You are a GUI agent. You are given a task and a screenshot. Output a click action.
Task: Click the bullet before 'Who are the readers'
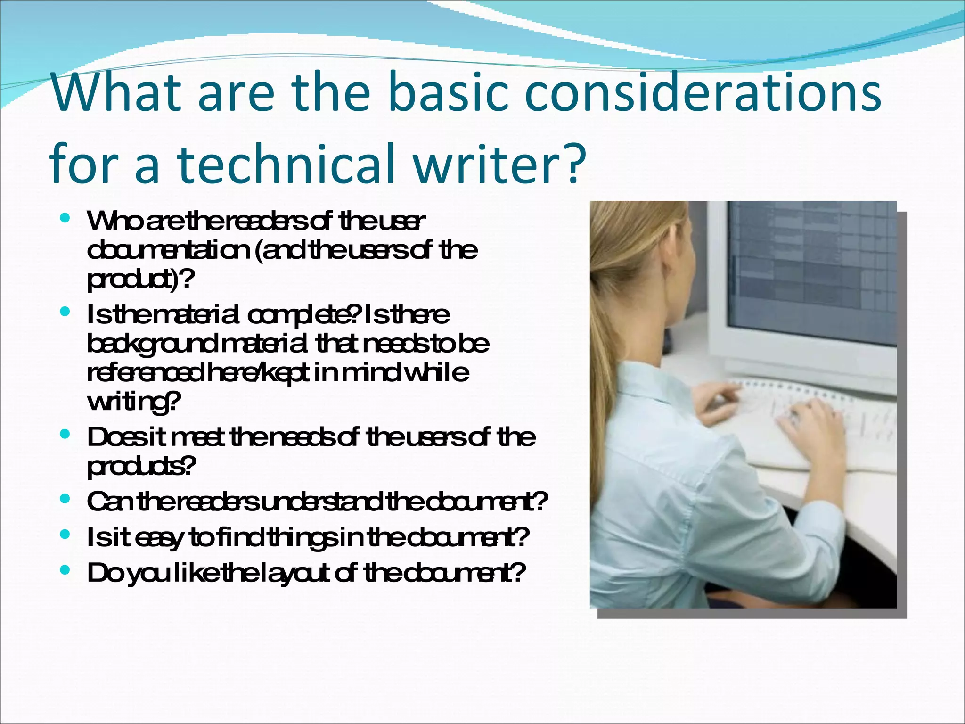click(x=65, y=218)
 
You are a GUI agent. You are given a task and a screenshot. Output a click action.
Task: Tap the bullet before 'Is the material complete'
click(x=65, y=312)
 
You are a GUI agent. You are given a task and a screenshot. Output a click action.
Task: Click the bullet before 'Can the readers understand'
click(x=65, y=499)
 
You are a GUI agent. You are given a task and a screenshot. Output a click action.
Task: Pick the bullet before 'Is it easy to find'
click(x=65, y=535)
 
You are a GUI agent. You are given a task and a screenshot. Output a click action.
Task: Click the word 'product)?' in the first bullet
click(x=140, y=280)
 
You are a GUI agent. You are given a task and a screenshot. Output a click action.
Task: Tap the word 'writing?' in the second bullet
click(x=134, y=402)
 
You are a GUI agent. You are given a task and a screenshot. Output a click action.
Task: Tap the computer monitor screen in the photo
click(x=810, y=269)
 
